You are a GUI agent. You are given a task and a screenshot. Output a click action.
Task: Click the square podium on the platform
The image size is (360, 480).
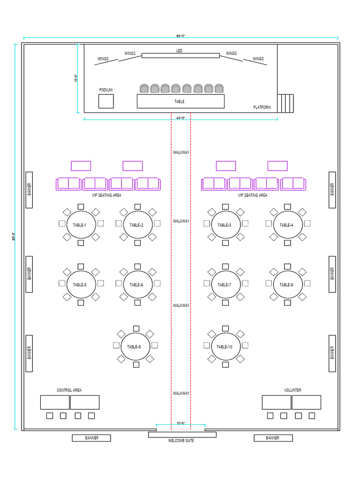[x=106, y=101]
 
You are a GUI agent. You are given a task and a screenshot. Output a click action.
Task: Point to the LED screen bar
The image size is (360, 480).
[x=180, y=55]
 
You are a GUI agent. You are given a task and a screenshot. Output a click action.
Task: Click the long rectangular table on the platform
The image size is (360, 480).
[x=180, y=101]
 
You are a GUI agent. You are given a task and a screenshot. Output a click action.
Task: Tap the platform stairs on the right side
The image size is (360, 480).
[x=285, y=103]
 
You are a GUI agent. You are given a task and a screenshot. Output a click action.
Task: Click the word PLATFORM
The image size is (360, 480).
[x=262, y=107]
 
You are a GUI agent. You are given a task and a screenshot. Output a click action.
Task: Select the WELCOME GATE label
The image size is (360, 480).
[x=181, y=441]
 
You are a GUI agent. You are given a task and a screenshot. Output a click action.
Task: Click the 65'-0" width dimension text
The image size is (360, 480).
[x=180, y=36]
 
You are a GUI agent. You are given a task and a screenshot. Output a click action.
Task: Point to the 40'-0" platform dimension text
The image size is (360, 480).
[x=180, y=118]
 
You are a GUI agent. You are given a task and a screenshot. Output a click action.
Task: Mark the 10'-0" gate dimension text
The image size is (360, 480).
[x=180, y=424]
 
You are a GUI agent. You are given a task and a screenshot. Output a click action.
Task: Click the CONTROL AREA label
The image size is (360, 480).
[x=69, y=390]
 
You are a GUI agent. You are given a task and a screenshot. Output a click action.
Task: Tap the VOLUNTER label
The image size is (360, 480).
[x=292, y=390]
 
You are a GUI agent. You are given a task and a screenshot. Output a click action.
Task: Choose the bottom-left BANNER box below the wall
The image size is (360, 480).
[x=91, y=438]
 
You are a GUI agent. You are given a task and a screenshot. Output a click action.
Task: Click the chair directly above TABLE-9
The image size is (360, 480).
[x=136, y=328]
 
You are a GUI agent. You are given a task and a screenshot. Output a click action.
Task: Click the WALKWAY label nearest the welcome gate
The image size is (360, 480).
[x=181, y=393]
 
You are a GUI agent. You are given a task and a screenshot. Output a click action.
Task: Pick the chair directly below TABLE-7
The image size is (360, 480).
[x=225, y=303]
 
